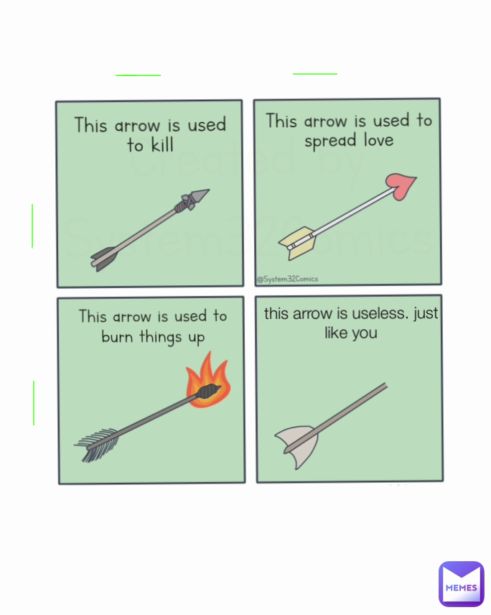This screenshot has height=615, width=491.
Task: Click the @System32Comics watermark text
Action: (287, 279)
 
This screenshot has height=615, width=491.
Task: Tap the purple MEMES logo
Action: (461, 583)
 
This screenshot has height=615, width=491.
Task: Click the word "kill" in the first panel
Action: (161, 145)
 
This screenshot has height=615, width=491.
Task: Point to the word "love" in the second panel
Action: (378, 140)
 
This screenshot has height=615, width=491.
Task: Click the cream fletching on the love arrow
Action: (297, 242)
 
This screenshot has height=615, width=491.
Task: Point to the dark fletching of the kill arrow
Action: (103, 256)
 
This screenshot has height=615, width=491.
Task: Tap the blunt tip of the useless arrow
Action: (384, 387)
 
